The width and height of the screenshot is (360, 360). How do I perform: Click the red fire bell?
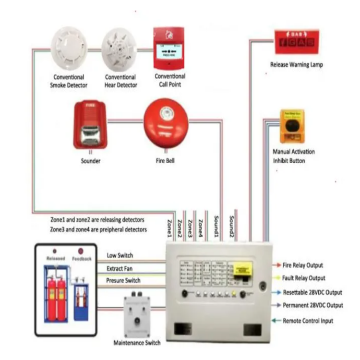click(x=166, y=125)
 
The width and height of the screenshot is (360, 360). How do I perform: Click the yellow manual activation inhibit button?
click(x=292, y=127)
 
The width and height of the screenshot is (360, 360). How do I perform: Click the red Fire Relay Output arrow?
click(x=277, y=265)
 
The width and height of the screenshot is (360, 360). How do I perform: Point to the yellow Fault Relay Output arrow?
click(x=277, y=278)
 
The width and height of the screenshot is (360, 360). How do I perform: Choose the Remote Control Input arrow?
click(x=277, y=321)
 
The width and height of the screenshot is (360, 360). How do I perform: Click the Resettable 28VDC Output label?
click(x=313, y=292)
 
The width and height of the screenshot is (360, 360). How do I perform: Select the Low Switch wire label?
click(x=120, y=255)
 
